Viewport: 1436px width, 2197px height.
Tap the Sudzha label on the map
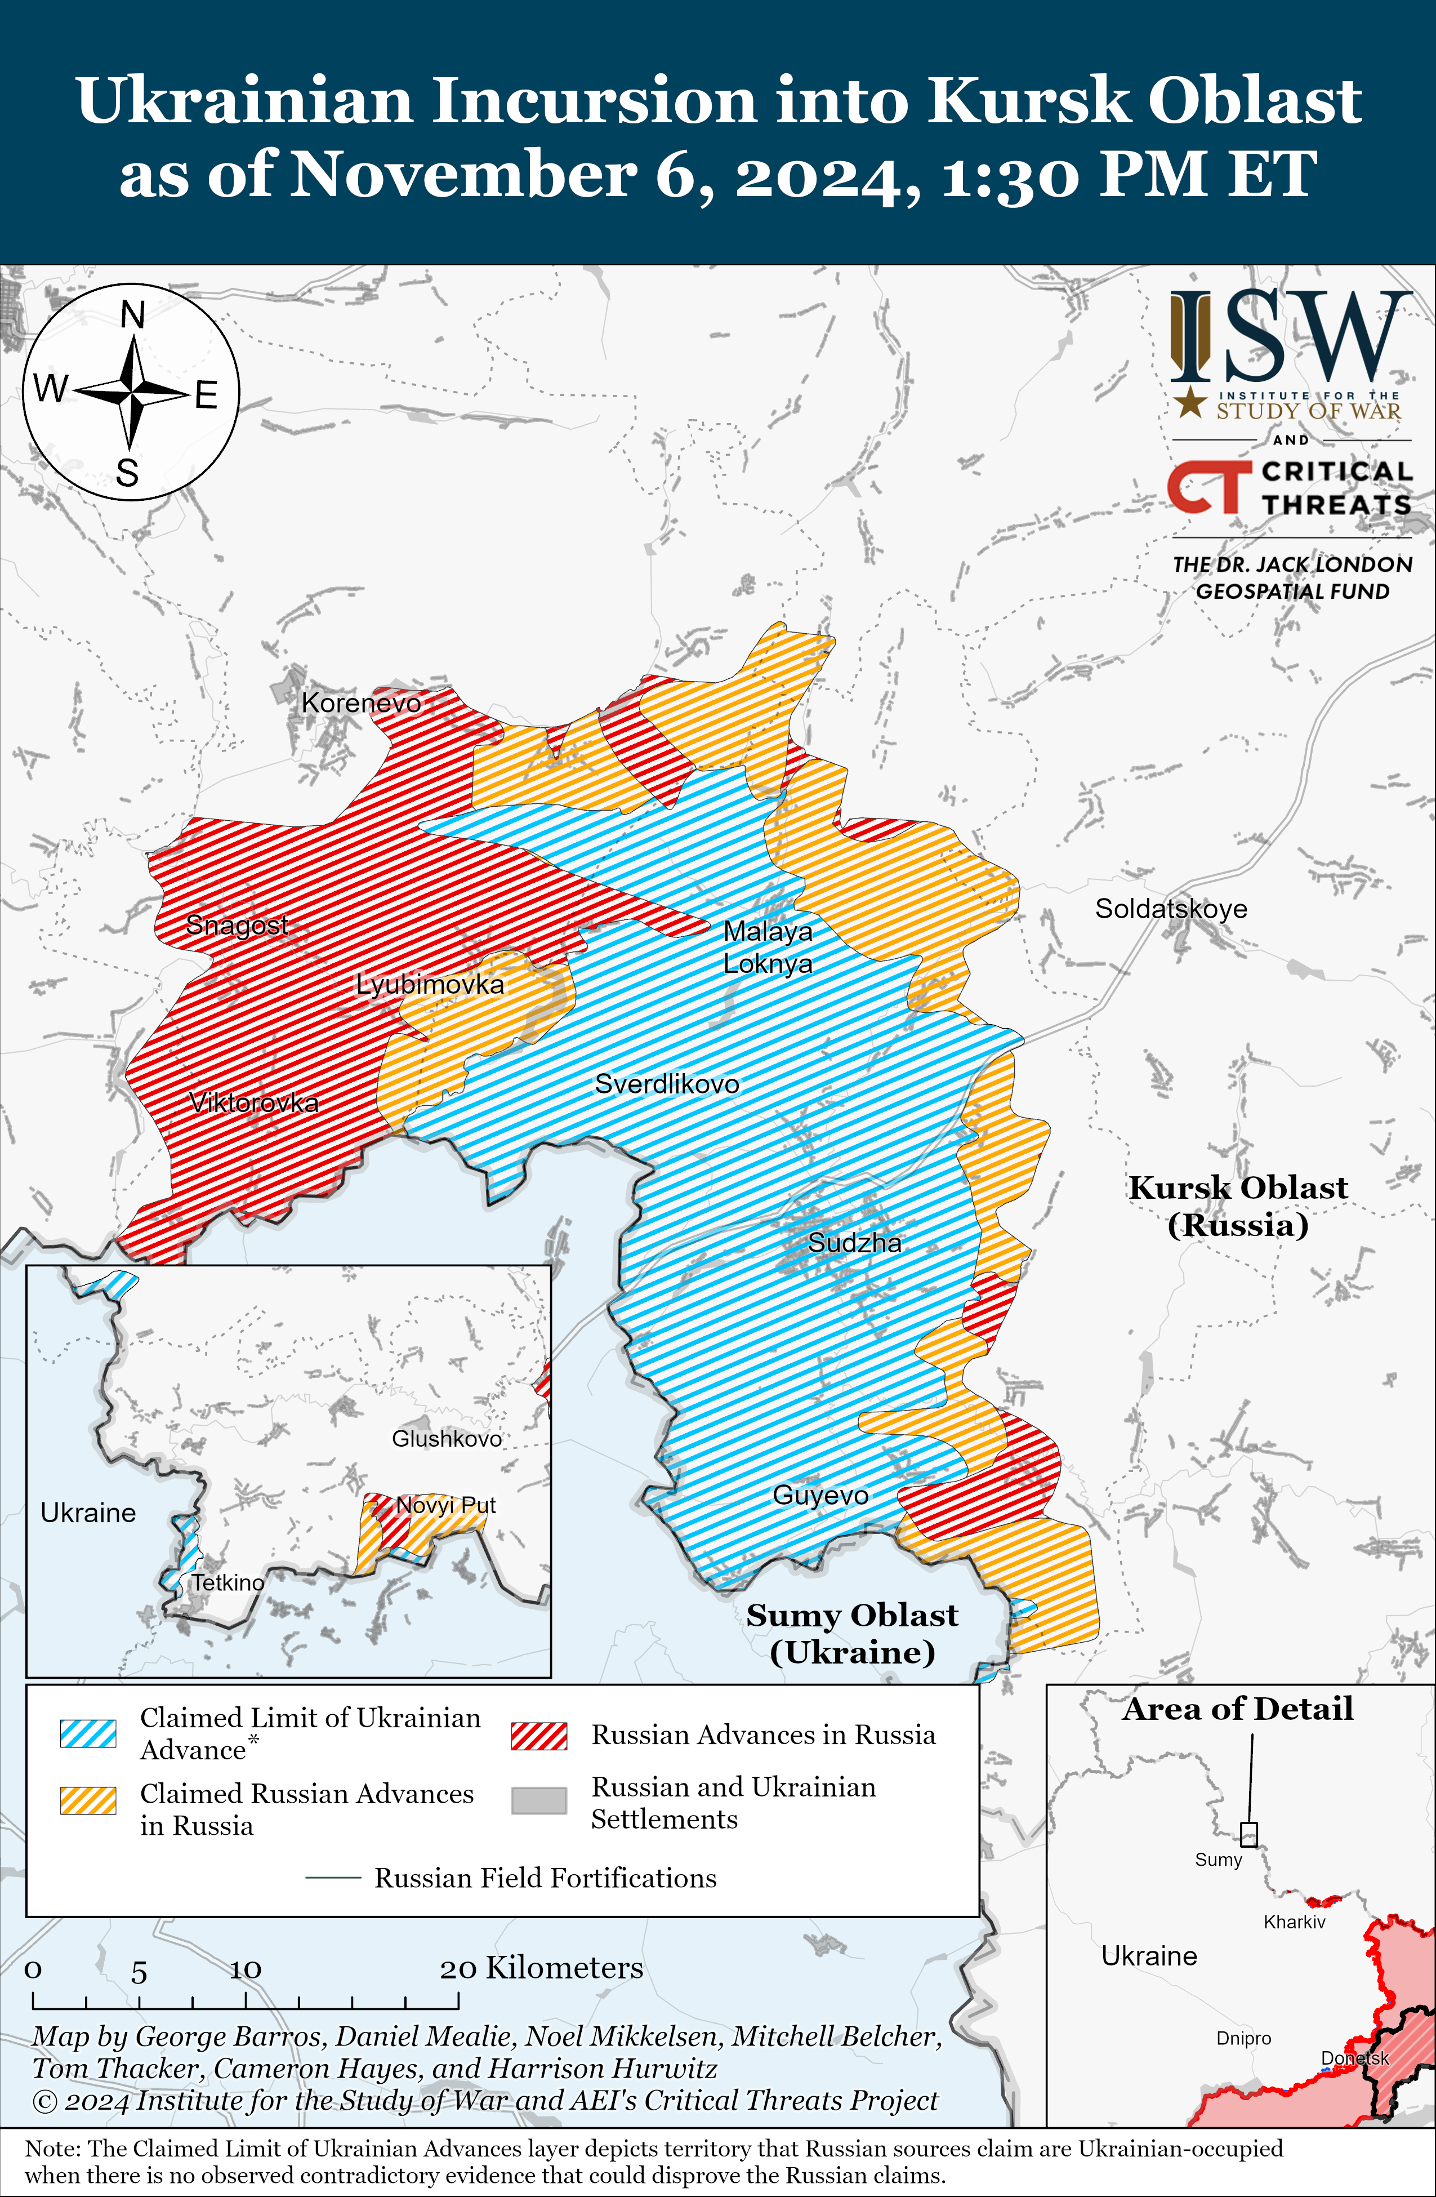click(855, 1243)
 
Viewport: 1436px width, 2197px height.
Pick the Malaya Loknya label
click(768, 947)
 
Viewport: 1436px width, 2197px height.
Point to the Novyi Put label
click(446, 1506)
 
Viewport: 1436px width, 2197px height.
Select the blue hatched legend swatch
click(88, 1733)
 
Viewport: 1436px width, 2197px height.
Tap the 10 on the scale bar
click(246, 1969)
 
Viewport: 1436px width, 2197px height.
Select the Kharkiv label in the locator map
click(1294, 1922)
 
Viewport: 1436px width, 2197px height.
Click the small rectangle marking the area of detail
click(1248, 1834)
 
